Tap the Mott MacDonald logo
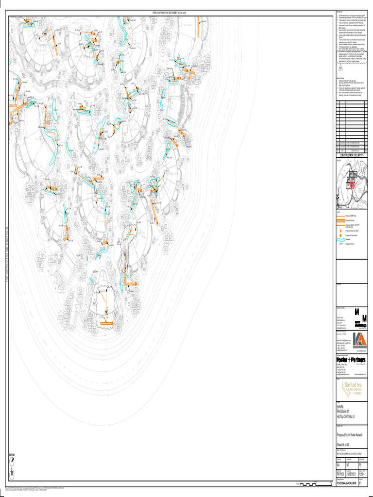click(x=359, y=318)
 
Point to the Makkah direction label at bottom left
click(x=12, y=454)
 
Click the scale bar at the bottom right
click(x=313, y=483)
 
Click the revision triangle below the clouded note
click(x=341, y=69)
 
